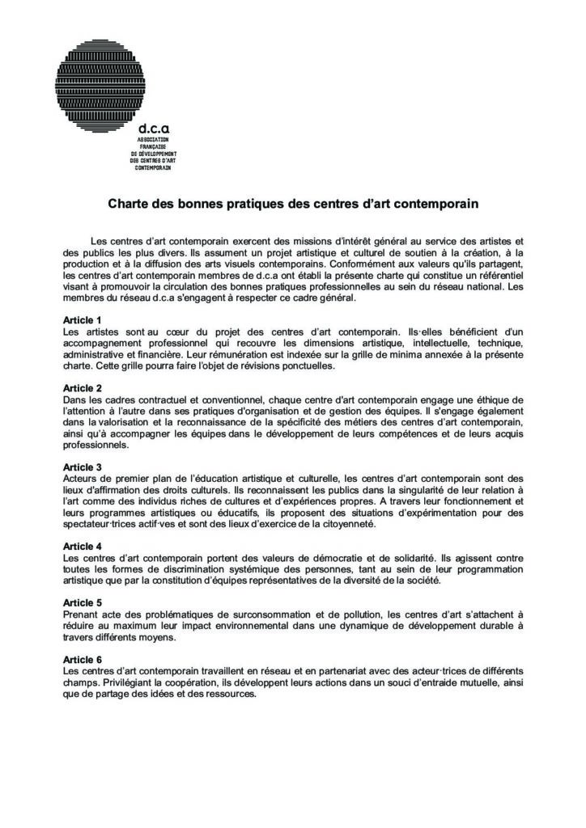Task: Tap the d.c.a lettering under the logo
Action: [x=154, y=129]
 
